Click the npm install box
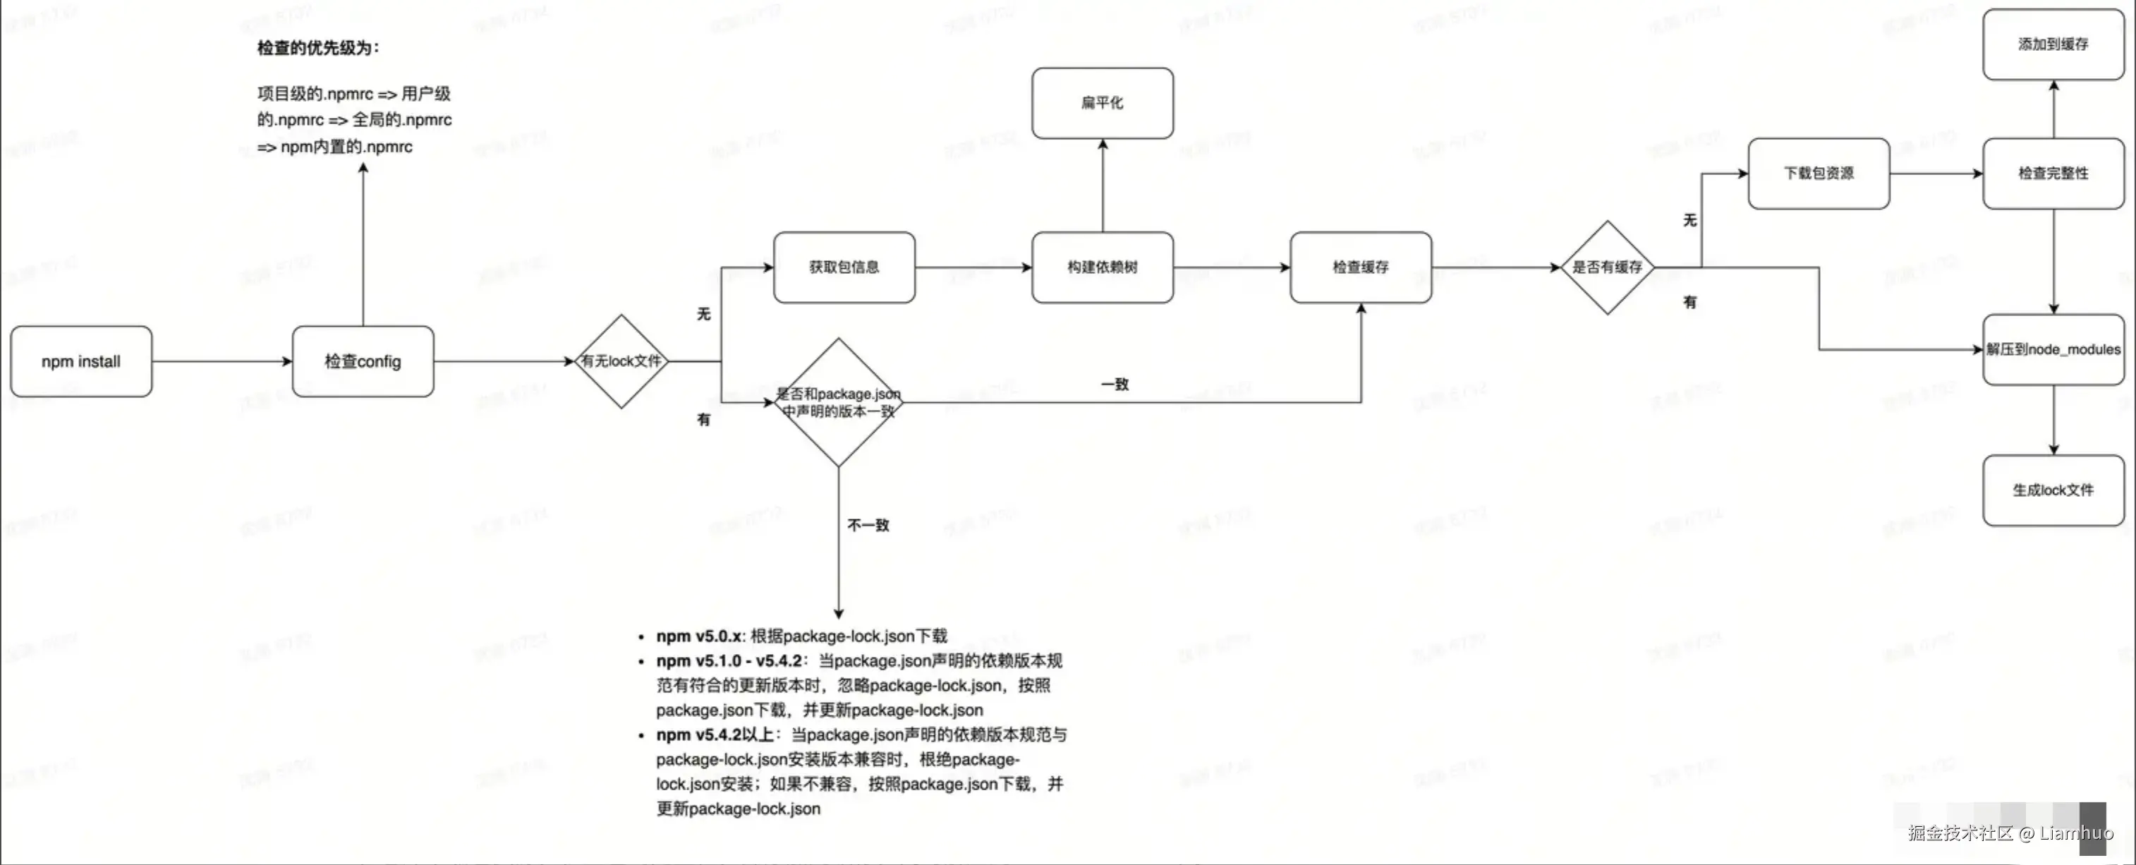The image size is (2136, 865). coord(80,361)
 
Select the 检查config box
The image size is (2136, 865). coord(363,361)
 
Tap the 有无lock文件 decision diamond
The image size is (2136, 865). coord(621,361)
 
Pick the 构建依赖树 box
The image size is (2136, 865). coord(1102,267)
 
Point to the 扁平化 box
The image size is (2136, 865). coord(1102,103)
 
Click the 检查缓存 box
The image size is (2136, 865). coord(1360,267)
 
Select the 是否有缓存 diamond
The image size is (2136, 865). coord(1607,267)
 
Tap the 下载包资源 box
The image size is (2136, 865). coord(1819,174)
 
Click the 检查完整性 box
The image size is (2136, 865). coord(2053,174)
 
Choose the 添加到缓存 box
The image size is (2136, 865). coord(2053,44)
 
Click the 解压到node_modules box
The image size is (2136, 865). coord(2053,349)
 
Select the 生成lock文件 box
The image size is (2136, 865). coord(2053,490)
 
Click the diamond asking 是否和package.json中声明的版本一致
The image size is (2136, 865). coord(838,402)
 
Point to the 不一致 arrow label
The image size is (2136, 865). coord(868,525)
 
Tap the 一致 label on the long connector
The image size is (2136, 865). coord(1115,384)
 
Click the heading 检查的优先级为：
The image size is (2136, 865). coord(317,48)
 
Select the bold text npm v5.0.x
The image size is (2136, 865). coord(698,636)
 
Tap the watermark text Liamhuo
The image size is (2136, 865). coord(2075,833)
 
